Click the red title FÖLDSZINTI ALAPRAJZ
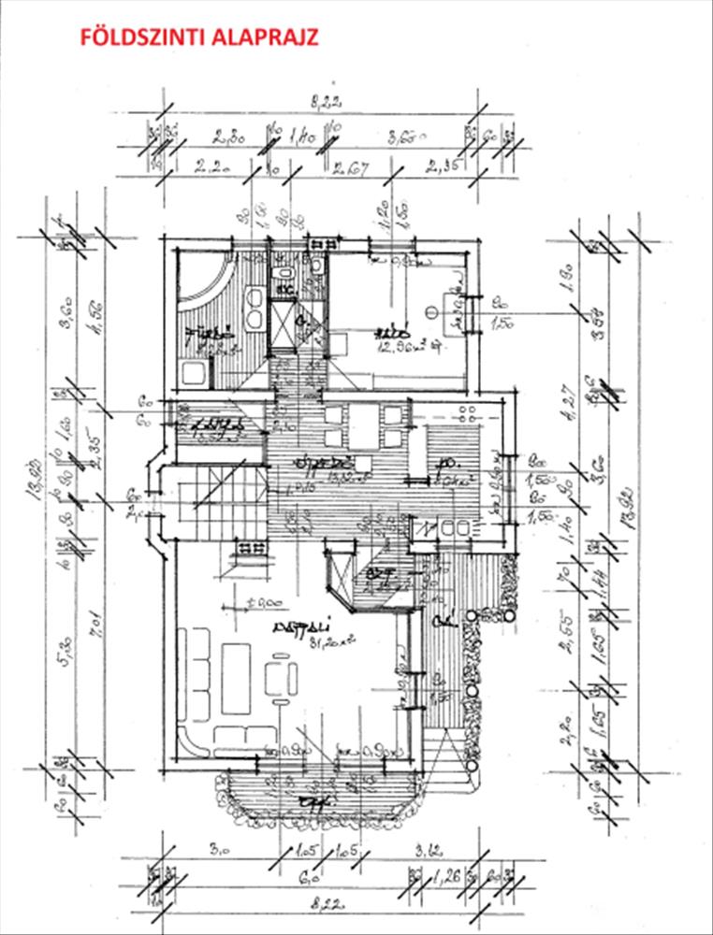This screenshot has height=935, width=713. tap(200, 37)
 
